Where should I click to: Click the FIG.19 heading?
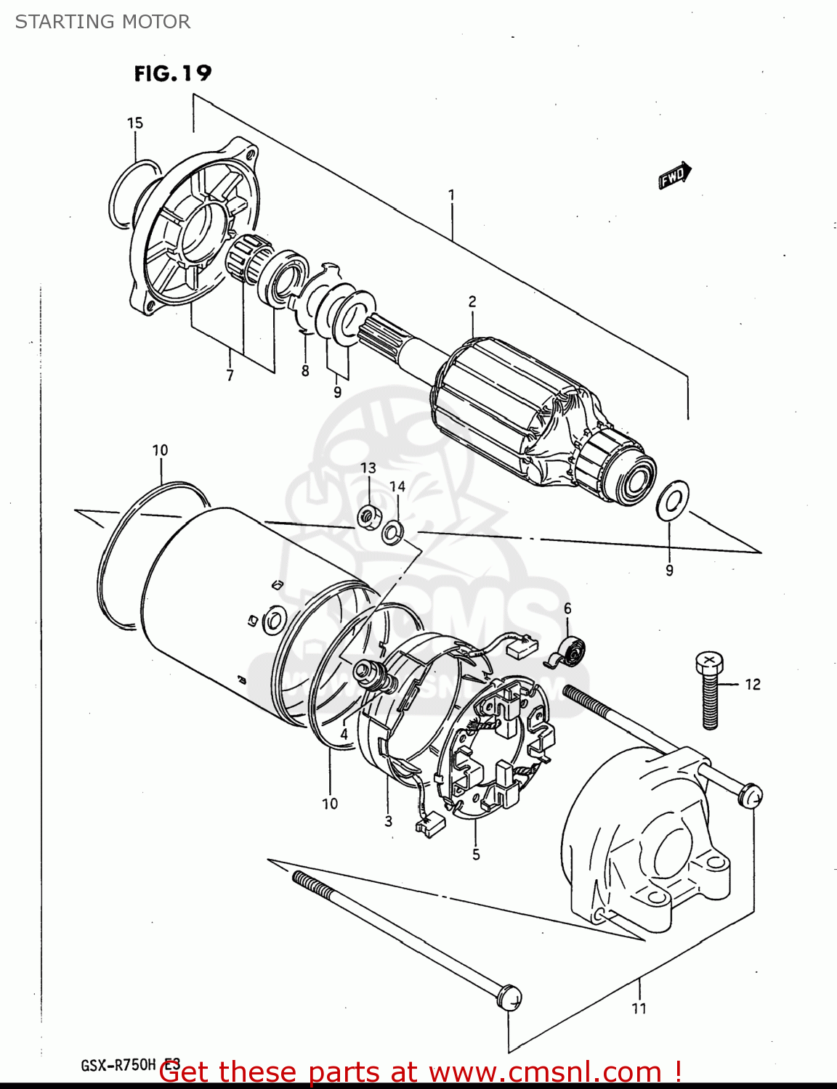point(172,73)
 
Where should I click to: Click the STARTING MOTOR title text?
point(102,22)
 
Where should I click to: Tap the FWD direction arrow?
point(674,176)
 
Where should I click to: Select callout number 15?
point(135,123)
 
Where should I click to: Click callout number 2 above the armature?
point(472,301)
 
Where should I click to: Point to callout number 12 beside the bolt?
point(752,684)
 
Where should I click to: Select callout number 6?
point(567,608)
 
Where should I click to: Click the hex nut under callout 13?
point(369,517)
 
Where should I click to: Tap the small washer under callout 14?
point(393,532)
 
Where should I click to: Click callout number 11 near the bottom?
point(639,1008)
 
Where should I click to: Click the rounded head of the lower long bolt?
point(509,996)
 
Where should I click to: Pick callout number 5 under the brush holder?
point(476,855)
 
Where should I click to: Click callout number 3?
point(389,821)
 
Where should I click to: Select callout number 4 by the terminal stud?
point(344,734)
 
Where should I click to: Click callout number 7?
point(230,375)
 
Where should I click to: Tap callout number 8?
point(305,371)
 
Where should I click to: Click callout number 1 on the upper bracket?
point(451,195)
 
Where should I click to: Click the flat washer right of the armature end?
point(671,499)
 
